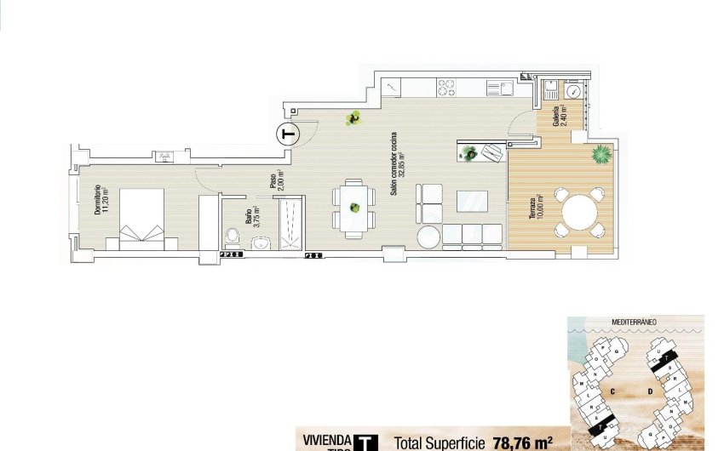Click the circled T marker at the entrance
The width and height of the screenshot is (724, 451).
click(289, 134)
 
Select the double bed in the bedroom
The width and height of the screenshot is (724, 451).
click(141, 218)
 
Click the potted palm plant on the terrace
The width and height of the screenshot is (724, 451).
click(601, 155)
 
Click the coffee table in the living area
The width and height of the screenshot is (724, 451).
click(473, 201)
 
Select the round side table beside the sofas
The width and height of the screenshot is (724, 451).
click(428, 235)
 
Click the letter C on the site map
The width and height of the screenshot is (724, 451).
click(612, 391)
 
